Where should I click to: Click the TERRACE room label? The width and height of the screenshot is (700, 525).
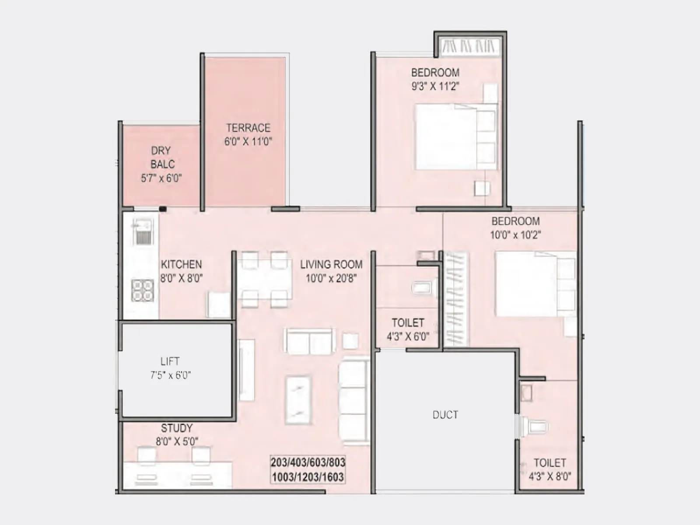pyautogui.click(x=248, y=128)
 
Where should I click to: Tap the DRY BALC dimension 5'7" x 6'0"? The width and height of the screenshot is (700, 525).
pyautogui.click(x=161, y=178)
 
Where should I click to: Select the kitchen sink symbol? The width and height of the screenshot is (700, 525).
pyautogui.click(x=142, y=232)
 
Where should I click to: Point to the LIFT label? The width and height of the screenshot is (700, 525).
pyautogui.click(x=170, y=361)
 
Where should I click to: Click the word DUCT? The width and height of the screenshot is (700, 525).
pyautogui.click(x=445, y=415)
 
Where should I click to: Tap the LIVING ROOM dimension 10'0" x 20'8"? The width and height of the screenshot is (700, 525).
pyautogui.click(x=331, y=278)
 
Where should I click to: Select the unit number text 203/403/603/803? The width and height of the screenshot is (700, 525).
pyautogui.click(x=308, y=462)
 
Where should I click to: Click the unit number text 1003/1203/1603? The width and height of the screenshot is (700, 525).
pyautogui.click(x=308, y=477)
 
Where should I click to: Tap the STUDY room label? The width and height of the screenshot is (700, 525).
pyautogui.click(x=177, y=428)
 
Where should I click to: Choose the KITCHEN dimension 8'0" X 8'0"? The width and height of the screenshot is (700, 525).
pyautogui.click(x=181, y=278)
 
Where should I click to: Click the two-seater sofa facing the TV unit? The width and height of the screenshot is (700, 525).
pyautogui.click(x=310, y=342)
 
